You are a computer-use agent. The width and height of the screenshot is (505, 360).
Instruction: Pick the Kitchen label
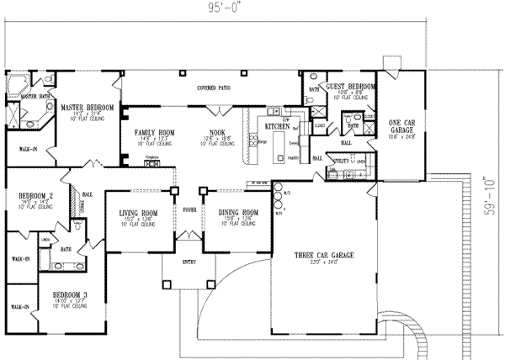click(277, 126)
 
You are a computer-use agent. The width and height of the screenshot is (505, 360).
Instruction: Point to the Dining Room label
click(231, 214)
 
